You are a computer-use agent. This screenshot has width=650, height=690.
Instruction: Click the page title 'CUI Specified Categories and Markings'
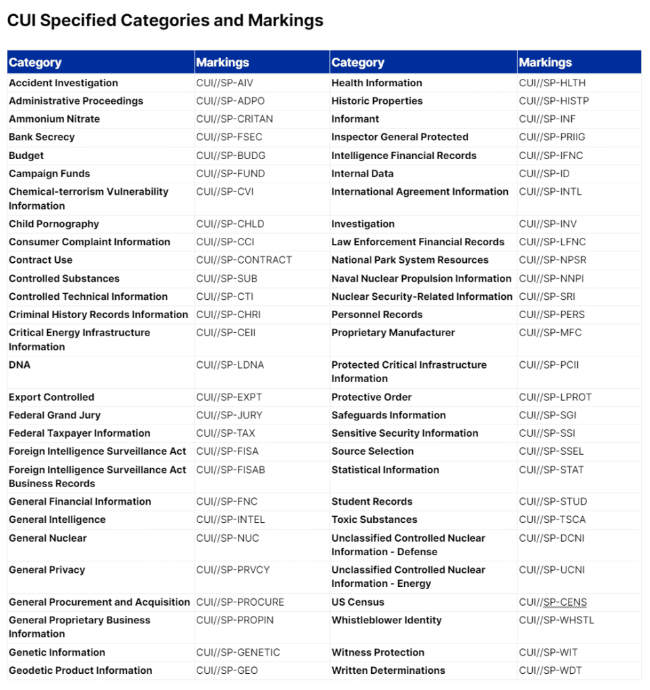(x=165, y=20)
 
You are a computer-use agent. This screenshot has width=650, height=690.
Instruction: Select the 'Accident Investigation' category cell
(x=63, y=83)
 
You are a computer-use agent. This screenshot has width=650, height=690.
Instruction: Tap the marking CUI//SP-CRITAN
(x=234, y=119)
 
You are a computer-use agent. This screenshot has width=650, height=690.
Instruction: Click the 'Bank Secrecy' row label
(x=42, y=137)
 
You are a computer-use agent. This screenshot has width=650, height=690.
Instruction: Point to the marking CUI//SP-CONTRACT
(x=244, y=260)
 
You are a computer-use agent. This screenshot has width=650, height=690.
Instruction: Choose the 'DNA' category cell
(x=20, y=365)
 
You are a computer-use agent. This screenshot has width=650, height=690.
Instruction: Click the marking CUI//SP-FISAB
(x=230, y=470)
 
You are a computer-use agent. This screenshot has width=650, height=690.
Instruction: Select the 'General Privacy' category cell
(x=47, y=570)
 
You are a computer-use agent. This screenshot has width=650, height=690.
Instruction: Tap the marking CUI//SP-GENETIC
(x=238, y=652)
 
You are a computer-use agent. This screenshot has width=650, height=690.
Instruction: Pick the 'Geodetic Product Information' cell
(x=80, y=670)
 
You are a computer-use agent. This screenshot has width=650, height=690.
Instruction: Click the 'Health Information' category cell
(x=377, y=83)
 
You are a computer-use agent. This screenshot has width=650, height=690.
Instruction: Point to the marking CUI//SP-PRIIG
(x=552, y=137)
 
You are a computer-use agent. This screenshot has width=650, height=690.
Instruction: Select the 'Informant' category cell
(x=355, y=119)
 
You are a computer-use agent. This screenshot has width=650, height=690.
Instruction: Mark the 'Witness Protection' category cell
(x=378, y=652)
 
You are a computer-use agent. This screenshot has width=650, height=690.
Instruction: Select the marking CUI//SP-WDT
(x=550, y=670)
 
